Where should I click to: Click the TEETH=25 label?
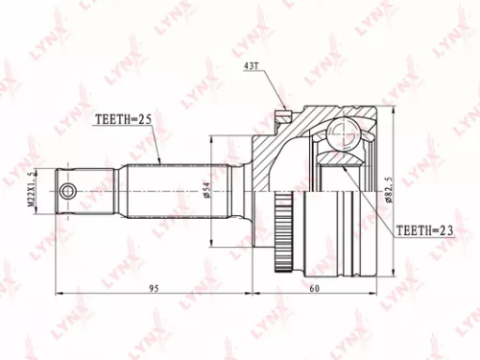tap(123, 120)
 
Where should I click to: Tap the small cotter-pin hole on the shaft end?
tap(66, 193)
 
